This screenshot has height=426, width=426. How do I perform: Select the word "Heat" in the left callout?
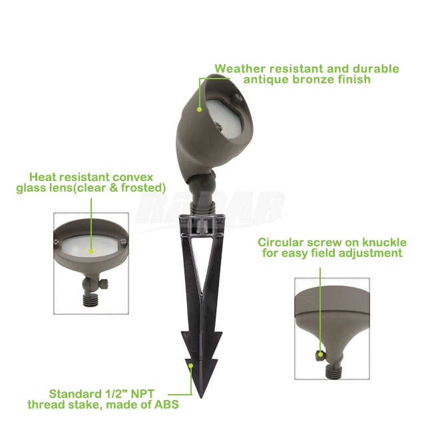tap(43, 177)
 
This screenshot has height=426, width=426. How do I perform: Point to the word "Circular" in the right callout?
tap(281, 242)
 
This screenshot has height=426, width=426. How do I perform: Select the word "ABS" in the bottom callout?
tap(167, 405)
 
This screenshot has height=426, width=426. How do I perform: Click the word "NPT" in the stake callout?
tap(142, 394)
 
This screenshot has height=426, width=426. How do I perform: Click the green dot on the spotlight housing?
tap(200, 109)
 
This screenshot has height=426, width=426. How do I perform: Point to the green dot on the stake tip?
tap(191, 365)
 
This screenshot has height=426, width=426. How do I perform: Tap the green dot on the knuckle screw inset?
tap(321, 354)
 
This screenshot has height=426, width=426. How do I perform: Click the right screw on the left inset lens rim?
tap(123, 241)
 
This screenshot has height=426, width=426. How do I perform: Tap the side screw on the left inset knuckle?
tap(104, 284)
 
